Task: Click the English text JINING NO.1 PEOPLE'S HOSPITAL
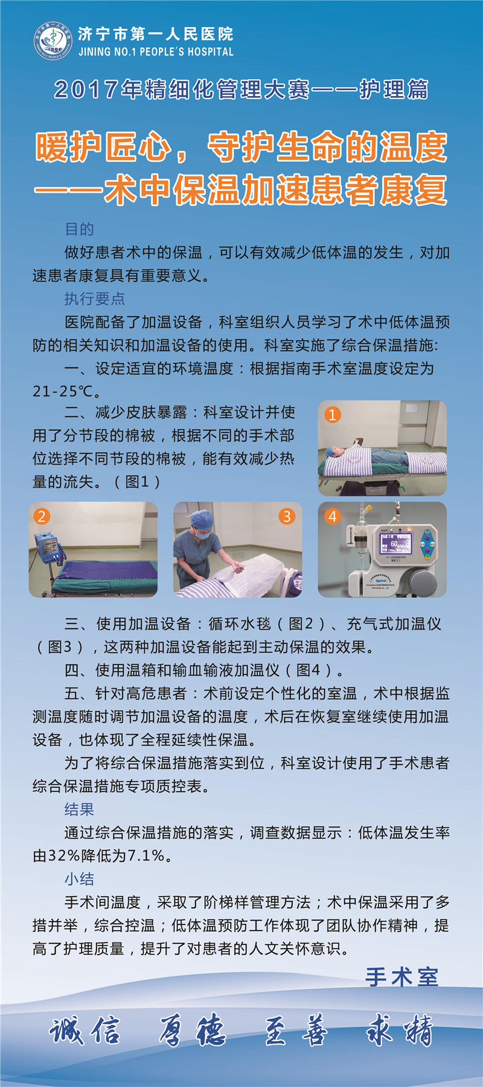point(156,52)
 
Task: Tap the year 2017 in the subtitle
point(86,89)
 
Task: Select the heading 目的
point(80,229)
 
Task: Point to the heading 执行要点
point(95,298)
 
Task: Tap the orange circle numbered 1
point(333,414)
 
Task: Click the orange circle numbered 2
point(42,516)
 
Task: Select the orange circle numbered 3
point(287,516)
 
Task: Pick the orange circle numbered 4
point(333,516)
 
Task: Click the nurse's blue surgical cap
point(202,518)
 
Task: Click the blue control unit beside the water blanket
point(48,548)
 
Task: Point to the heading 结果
point(80,810)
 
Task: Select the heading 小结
point(80,879)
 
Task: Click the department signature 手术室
point(402,977)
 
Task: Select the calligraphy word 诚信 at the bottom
point(85,1031)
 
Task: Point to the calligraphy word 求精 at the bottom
point(400,1031)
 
